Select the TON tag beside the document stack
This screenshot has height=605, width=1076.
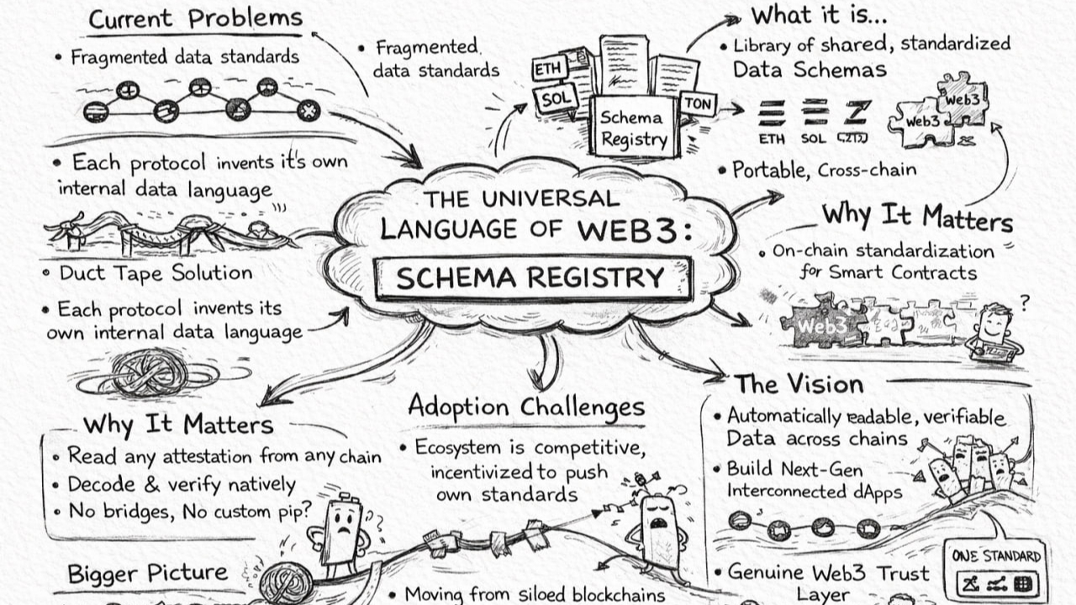click(697, 104)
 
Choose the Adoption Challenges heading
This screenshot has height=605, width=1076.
click(526, 407)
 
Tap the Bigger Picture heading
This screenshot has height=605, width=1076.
click(147, 574)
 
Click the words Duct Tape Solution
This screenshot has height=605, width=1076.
click(156, 273)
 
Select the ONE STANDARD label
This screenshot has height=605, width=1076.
click(996, 556)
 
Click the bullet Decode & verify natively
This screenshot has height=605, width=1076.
click(182, 485)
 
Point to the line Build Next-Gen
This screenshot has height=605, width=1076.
click(794, 469)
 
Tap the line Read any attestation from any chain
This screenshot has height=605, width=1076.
click(224, 456)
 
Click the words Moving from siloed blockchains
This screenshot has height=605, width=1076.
click(534, 594)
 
